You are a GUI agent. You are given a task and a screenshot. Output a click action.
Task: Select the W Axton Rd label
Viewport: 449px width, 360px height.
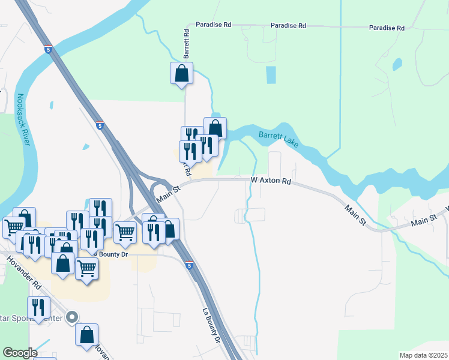(x=271, y=181)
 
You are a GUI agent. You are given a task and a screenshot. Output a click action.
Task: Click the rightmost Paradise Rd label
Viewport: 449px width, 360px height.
(x=387, y=28)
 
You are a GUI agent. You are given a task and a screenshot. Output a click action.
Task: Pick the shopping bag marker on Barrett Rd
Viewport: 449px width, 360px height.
(x=181, y=74)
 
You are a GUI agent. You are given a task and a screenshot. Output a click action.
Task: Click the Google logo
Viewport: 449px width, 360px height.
(x=20, y=352)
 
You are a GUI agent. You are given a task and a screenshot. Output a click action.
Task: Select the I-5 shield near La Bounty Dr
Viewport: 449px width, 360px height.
(x=189, y=265)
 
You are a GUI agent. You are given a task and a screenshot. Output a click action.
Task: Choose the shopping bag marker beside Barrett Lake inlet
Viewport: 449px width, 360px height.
(x=215, y=127)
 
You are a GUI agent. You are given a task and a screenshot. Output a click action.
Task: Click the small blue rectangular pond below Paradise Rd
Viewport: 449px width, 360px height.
(x=271, y=74)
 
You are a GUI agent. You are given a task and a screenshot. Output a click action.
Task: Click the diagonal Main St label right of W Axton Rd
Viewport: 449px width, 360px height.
(x=355, y=214)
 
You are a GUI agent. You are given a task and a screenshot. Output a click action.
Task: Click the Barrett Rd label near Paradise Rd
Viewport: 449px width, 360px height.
(x=187, y=43)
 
